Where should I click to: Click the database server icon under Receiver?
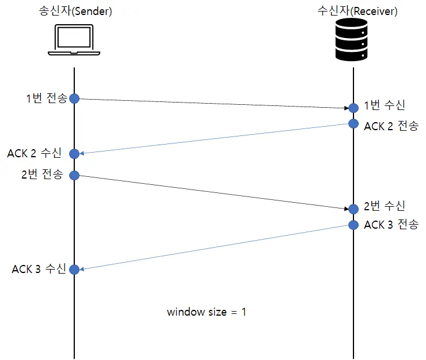click(x=352, y=39)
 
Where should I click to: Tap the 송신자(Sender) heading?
click(x=74, y=10)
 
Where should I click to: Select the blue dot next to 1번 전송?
click(x=74, y=98)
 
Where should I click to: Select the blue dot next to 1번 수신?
click(x=352, y=108)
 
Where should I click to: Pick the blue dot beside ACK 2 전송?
click(x=352, y=124)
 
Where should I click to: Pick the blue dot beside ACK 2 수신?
click(x=74, y=153)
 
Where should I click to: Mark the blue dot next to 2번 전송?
click(x=74, y=175)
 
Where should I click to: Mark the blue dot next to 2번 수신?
click(x=352, y=209)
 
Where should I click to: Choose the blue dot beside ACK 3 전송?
click(x=352, y=224)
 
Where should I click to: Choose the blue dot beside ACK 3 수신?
click(x=74, y=269)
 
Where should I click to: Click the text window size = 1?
click(x=207, y=312)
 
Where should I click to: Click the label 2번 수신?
click(x=385, y=206)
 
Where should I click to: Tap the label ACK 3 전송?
click(x=391, y=225)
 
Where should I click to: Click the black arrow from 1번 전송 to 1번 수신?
click(x=213, y=103)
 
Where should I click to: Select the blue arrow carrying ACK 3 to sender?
click(x=213, y=247)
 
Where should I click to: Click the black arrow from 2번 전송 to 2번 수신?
click(x=213, y=192)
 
